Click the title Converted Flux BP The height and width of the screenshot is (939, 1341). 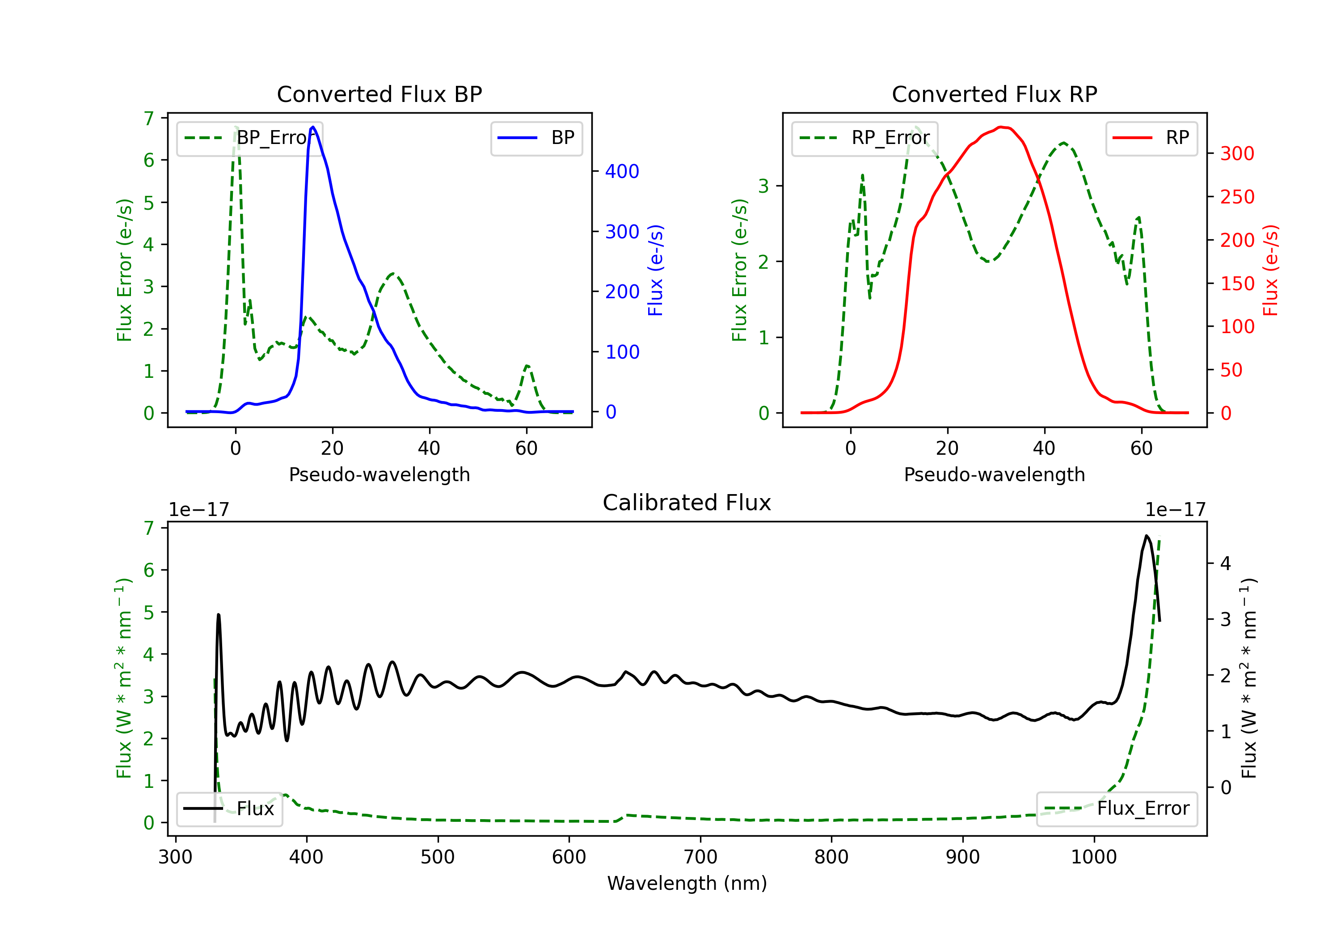coord(379,94)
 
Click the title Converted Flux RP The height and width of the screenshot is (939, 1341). coord(994,94)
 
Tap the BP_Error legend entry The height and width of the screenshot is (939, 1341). coord(250,138)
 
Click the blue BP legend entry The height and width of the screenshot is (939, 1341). coord(536,138)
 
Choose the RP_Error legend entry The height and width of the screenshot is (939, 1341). coord(864,138)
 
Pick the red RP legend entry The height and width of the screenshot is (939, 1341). coord(1151,138)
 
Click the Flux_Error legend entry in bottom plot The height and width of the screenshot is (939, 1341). coord(1116,809)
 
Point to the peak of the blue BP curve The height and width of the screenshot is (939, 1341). coord(313,127)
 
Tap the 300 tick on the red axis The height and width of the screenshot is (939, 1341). coord(1237,154)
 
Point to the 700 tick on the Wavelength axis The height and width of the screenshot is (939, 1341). coord(700,857)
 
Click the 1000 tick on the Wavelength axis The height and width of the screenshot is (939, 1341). coord(1094,857)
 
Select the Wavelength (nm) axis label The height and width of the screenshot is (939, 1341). coord(687,883)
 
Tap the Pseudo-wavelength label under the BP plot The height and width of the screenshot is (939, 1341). coord(379,474)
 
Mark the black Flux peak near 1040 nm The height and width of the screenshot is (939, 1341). coord(1147,536)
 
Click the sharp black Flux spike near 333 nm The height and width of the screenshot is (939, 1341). coord(219,615)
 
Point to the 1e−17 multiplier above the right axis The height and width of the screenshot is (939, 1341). coord(1175,510)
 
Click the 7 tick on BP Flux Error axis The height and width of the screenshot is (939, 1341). coord(149,118)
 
